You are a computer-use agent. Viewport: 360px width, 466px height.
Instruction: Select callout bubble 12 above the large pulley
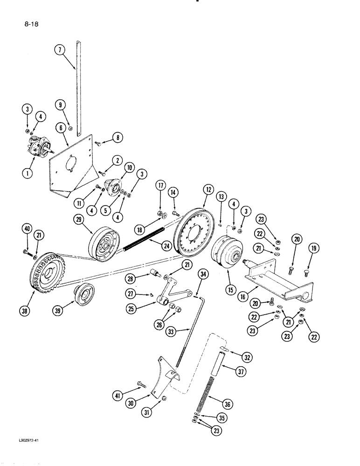208,190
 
